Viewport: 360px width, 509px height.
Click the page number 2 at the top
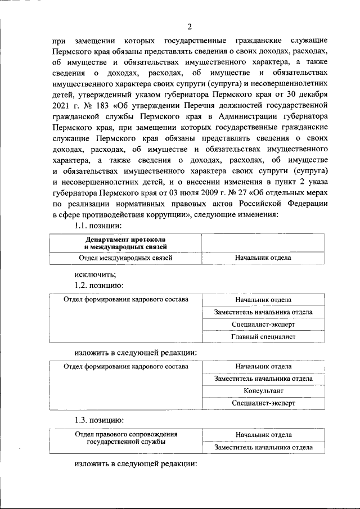190,26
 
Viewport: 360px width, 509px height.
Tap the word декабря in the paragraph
309,94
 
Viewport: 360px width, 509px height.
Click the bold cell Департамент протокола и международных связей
125,243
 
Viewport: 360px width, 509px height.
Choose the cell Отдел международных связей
125,258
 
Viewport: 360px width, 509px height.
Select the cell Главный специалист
263,337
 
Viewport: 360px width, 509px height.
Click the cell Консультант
263,390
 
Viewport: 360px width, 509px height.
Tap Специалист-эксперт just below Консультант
263,403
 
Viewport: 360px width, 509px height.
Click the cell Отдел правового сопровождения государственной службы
125,439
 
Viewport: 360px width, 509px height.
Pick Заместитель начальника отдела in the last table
263,448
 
